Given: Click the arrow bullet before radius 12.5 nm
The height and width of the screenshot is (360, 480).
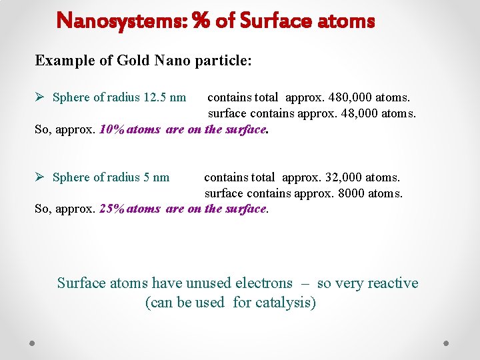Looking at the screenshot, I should (x=41, y=97).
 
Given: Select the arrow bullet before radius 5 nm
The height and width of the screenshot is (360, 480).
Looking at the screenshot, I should (x=41, y=177).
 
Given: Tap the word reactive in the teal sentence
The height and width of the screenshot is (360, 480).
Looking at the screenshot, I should (x=392, y=283).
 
